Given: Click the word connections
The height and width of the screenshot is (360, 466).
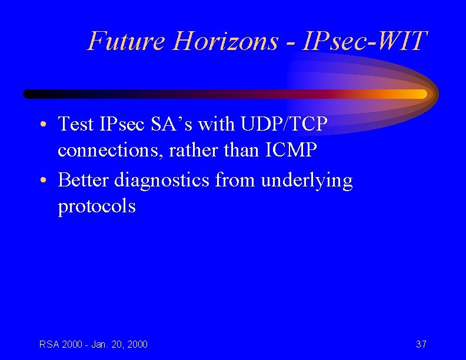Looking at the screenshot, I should [x=110, y=151].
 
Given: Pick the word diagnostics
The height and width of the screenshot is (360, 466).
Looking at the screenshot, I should [x=161, y=180].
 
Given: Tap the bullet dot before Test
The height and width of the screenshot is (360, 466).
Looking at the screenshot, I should [x=45, y=125].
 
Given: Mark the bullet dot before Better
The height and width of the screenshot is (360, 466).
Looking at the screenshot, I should [x=45, y=181].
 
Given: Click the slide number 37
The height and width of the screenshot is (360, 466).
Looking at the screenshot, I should [x=421, y=344].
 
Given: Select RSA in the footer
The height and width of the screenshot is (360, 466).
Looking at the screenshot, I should [x=49, y=344].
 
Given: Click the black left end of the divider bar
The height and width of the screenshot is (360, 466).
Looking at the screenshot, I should [x=32, y=94].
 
